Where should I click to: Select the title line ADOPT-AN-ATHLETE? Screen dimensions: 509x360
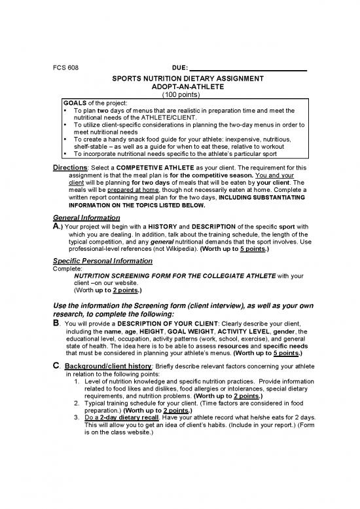179,86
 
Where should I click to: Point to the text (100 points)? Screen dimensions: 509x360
179,94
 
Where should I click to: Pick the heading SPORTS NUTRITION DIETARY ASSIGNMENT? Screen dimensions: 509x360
179,79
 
